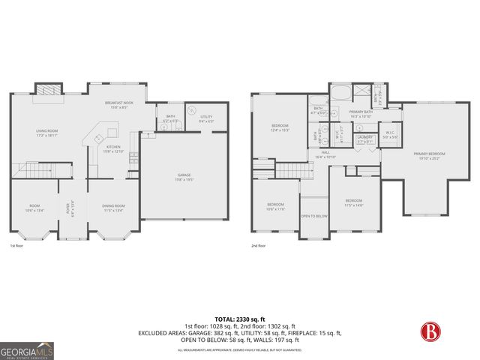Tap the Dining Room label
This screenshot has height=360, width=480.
pos(115,208)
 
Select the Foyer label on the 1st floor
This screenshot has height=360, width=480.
pos(70,208)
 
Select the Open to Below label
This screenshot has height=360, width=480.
pos(313,215)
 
